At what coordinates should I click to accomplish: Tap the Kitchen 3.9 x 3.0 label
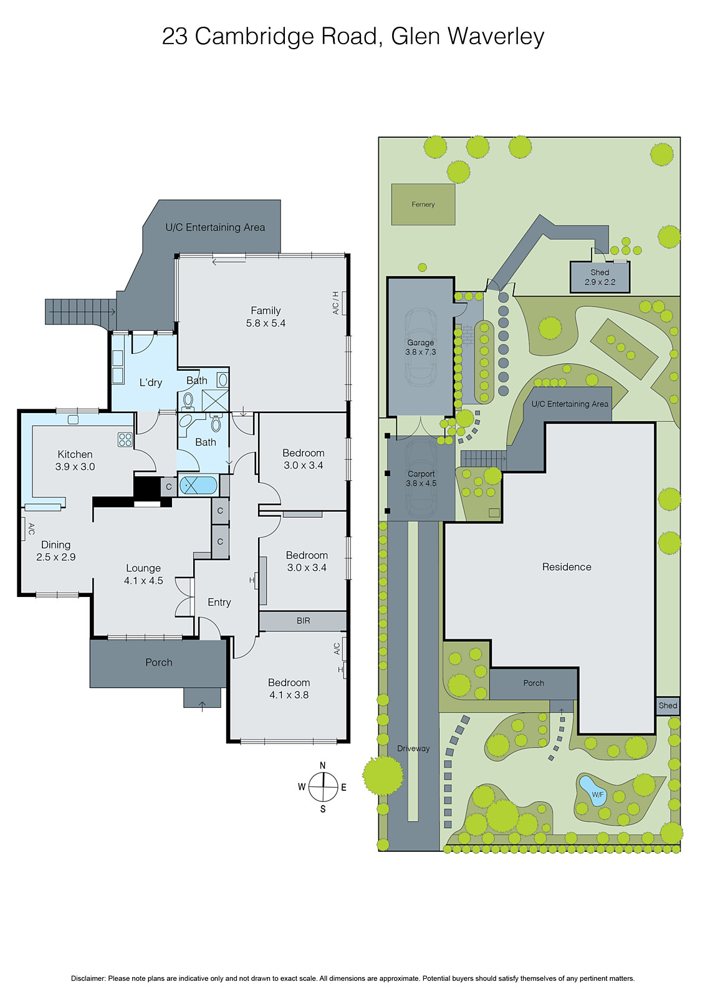coord(75,460)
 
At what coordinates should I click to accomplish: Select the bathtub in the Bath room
coord(198,485)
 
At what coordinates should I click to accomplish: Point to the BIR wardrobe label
coord(303,621)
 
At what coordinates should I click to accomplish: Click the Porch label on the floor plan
coord(158,662)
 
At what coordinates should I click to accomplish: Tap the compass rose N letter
coord(322,766)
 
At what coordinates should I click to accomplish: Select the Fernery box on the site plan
coord(423,204)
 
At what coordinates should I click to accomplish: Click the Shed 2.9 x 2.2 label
coord(600,277)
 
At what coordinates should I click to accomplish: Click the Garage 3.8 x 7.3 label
coord(421,347)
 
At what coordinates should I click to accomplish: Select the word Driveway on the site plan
coord(413,748)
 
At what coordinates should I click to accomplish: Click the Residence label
coord(567,567)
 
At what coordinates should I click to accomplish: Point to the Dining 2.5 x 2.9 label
coord(55,551)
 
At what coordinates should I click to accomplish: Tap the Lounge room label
coord(143,574)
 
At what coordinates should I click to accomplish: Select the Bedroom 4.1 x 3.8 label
coord(289,689)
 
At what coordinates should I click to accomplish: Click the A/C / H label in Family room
coord(335,303)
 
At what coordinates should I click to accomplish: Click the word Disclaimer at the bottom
coord(88,978)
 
